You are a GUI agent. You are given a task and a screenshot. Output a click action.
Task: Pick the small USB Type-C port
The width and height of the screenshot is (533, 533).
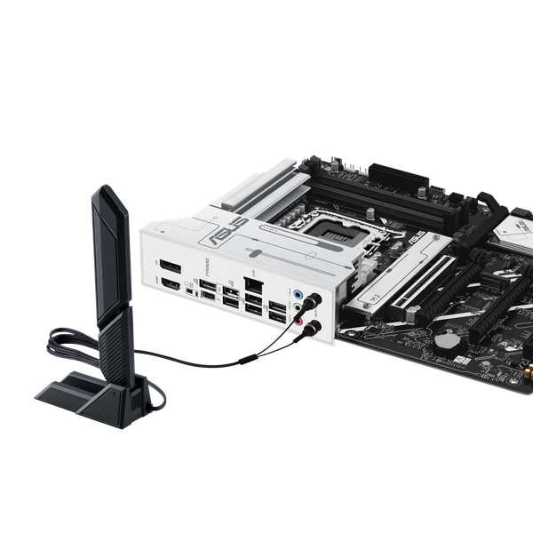pyautogui.click(x=189, y=290)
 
